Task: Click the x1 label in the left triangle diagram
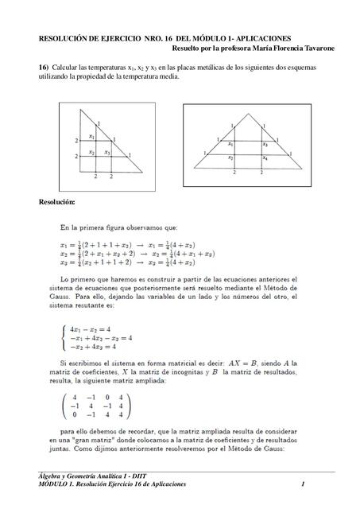92,138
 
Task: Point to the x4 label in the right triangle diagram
265,158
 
